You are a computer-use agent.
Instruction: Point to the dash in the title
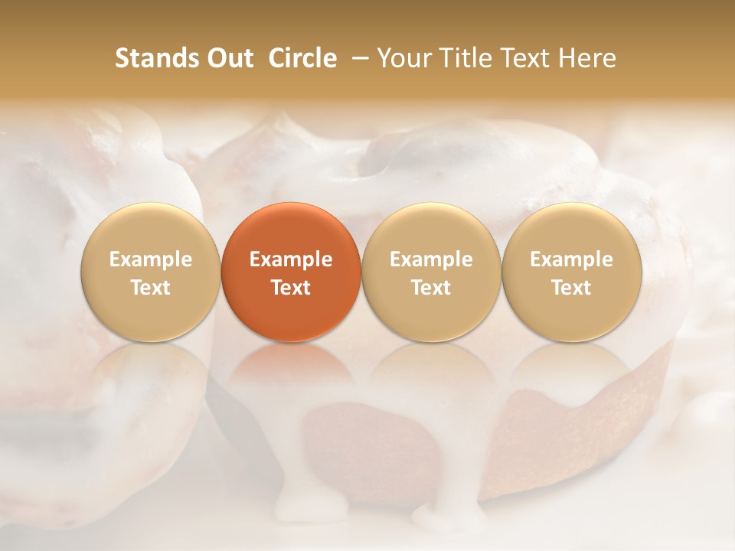(x=357, y=59)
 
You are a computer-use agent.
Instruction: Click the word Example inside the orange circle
(x=291, y=259)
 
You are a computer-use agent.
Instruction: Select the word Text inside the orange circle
(x=291, y=288)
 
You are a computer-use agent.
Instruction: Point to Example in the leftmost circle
(x=151, y=259)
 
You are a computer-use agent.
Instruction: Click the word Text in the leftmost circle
(x=151, y=288)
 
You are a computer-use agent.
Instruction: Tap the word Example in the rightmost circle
(x=571, y=259)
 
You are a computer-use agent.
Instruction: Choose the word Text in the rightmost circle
(x=571, y=288)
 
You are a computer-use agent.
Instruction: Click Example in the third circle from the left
(x=431, y=259)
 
